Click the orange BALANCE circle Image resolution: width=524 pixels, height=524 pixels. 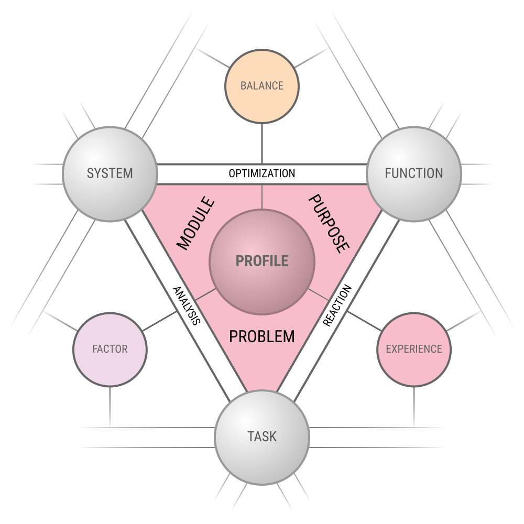pos(261,86)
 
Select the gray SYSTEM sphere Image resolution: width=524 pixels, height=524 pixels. pos(110,174)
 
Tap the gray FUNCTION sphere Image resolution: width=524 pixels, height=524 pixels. pos(414,174)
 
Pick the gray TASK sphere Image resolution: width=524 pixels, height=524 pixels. pos(262,437)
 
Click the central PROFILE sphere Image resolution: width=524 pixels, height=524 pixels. pos(262,261)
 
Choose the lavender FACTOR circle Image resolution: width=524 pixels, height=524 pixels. pos(110,350)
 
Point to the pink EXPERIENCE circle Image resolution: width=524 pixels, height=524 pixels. pos(414,350)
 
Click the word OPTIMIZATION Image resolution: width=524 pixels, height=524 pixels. pos(262,173)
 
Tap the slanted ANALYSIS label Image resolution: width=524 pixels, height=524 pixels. pos(187,305)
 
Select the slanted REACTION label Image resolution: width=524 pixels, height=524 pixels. pos(337,305)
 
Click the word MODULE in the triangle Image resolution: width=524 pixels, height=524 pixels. pos(195,223)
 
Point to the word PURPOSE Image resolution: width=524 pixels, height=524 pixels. pos(329,224)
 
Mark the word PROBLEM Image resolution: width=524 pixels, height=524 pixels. pos(262,336)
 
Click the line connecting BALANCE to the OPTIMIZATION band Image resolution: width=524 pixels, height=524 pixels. pos(262,144)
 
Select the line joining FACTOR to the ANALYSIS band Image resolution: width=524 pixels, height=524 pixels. pos(160,321)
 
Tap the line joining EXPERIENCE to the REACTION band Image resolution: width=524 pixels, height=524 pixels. pos(364,321)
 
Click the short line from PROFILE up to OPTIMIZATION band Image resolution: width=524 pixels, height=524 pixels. pos(262,197)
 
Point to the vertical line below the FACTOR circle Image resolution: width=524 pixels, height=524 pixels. pos(110,407)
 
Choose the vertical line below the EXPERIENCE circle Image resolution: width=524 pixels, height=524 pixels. pos(414,407)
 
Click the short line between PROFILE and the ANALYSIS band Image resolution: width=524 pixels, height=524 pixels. pos(205,294)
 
